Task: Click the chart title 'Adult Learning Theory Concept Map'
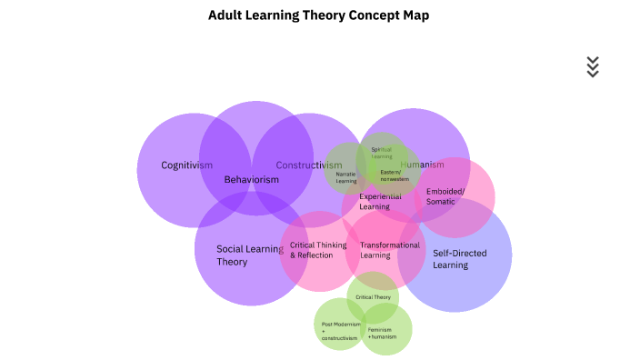coord(319,15)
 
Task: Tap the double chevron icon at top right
coord(593,66)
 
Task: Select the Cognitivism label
coord(187,165)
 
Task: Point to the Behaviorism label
coord(252,179)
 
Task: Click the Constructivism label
coord(309,165)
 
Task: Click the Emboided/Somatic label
coord(445,196)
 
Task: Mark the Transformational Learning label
coord(390,250)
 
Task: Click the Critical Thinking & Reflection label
coord(318,250)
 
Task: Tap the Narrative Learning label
coord(346,176)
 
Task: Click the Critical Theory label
coord(374,297)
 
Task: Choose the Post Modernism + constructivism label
coord(341,331)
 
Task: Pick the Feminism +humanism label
coord(382,333)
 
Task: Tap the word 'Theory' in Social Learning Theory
coord(232,262)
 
